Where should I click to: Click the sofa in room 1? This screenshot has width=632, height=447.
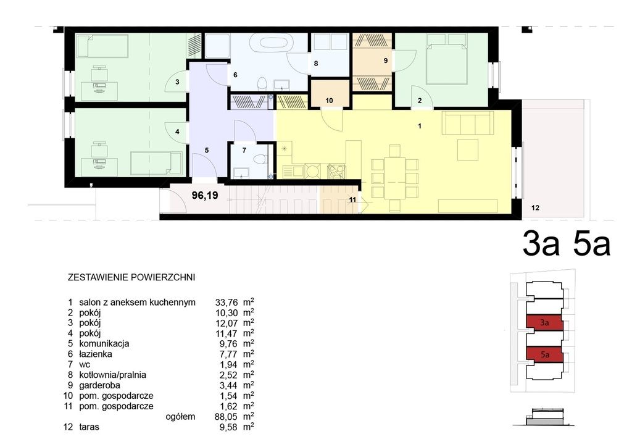(x=468, y=122)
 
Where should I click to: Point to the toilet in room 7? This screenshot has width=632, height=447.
(x=261, y=159)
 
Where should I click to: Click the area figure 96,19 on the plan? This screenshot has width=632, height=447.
(x=205, y=196)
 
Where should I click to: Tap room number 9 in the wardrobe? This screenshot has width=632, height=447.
(x=386, y=61)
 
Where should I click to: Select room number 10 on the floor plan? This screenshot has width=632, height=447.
(x=330, y=101)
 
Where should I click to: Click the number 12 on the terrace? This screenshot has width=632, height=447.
(x=535, y=208)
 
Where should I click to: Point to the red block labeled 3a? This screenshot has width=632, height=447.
(x=544, y=322)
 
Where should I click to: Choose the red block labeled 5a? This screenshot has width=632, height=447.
(x=544, y=354)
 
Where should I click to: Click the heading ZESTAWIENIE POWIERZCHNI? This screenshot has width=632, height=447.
(x=131, y=277)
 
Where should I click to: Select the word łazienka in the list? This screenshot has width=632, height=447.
(x=96, y=354)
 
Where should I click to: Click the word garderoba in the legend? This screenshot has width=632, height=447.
(x=99, y=385)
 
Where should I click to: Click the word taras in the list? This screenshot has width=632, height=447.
(x=89, y=427)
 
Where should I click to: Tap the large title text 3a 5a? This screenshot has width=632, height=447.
(x=567, y=243)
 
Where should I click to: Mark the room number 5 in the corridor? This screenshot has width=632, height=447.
(x=207, y=151)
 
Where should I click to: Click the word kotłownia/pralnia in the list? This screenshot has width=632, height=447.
(x=112, y=375)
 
